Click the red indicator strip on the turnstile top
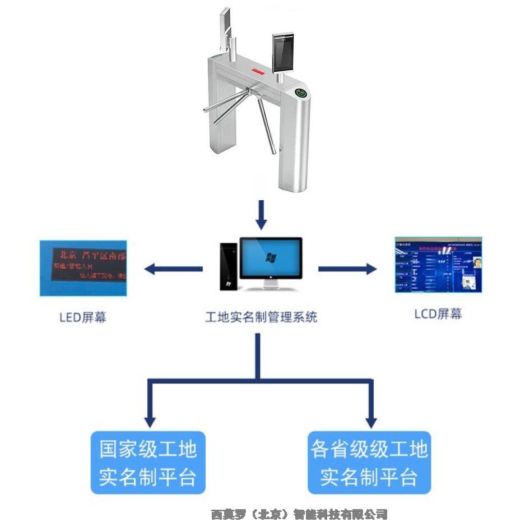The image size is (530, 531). [x=258, y=71]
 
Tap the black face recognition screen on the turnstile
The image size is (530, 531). [x=283, y=52]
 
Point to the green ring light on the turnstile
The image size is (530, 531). [x=301, y=93]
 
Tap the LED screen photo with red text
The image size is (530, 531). [x=83, y=268]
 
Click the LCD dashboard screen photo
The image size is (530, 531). [x=438, y=265]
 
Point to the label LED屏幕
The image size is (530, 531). [x=83, y=317]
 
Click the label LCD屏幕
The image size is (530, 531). [x=438, y=314]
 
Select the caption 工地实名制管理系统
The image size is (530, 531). [x=261, y=317]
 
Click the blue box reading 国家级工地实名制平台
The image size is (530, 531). [x=148, y=463]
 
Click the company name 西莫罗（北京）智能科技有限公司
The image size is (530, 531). [x=299, y=514]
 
